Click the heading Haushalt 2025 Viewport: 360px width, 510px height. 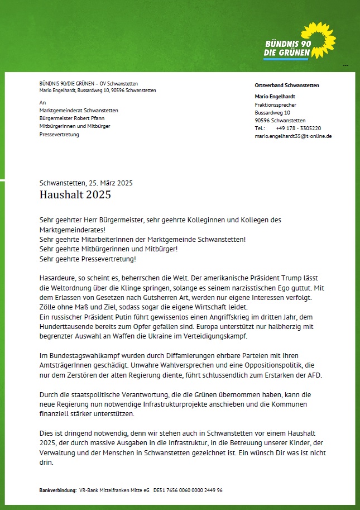[75, 195]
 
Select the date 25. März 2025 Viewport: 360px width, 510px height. [110, 183]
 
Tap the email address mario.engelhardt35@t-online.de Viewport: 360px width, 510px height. [293, 136]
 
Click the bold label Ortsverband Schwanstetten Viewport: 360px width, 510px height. [287, 85]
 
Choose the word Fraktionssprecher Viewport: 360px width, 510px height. [275, 105]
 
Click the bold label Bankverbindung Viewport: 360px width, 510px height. [57, 490]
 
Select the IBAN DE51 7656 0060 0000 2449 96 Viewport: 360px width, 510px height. [188, 490]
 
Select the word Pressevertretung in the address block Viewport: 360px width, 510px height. [59, 135]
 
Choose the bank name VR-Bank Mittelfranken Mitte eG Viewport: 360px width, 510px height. [114, 490]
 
